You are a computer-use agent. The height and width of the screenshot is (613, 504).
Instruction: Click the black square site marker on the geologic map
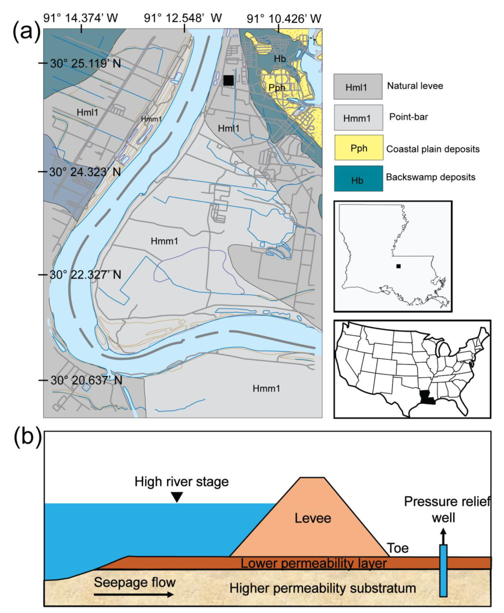(228, 80)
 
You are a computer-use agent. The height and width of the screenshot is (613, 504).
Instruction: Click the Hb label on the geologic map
(280, 59)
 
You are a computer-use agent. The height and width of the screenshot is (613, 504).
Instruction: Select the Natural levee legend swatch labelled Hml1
(358, 86)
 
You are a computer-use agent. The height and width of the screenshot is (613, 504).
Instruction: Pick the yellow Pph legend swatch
(359, 148)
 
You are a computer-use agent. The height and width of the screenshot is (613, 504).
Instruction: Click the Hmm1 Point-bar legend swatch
(358, 117)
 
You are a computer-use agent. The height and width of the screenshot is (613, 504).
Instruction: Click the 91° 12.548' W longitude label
(183, 18)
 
